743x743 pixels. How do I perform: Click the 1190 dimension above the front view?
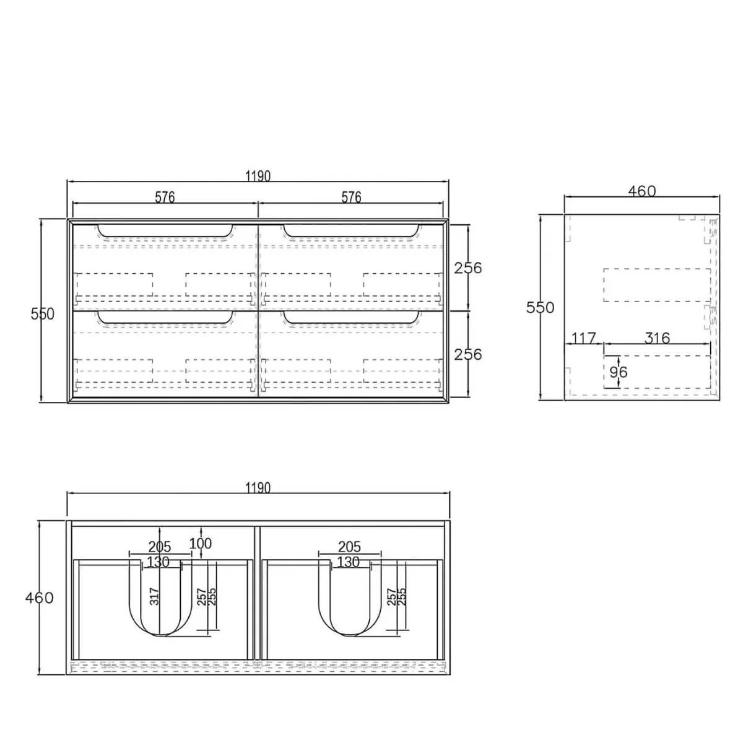coord(258,176)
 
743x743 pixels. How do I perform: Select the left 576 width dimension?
coord(165,197)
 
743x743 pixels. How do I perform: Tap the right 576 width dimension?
coord(351,197)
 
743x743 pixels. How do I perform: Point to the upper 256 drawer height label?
coord(468,268)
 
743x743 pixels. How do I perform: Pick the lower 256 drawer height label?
coord(468,354)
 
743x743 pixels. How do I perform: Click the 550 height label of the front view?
coord(43,314)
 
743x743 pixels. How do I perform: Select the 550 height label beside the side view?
coord(541,308)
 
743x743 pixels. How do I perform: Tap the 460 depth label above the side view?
coord(641,191)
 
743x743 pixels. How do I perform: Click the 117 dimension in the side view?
coord(583,338)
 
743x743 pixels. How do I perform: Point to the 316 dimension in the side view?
coord(657,338)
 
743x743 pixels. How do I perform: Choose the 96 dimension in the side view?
coord(618,371)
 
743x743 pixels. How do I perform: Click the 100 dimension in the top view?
coord(200,544)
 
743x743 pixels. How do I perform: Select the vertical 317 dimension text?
coord(155,596)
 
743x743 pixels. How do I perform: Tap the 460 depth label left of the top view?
coord(40,597)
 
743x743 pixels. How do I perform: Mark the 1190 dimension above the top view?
coord(258,488)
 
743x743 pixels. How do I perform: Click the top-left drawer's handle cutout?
coord(165,231)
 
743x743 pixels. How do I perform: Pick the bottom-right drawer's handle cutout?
coord(350,318)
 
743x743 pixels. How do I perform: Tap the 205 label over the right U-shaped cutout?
coord(350,547)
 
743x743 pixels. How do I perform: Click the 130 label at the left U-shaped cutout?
coord(159,562)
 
